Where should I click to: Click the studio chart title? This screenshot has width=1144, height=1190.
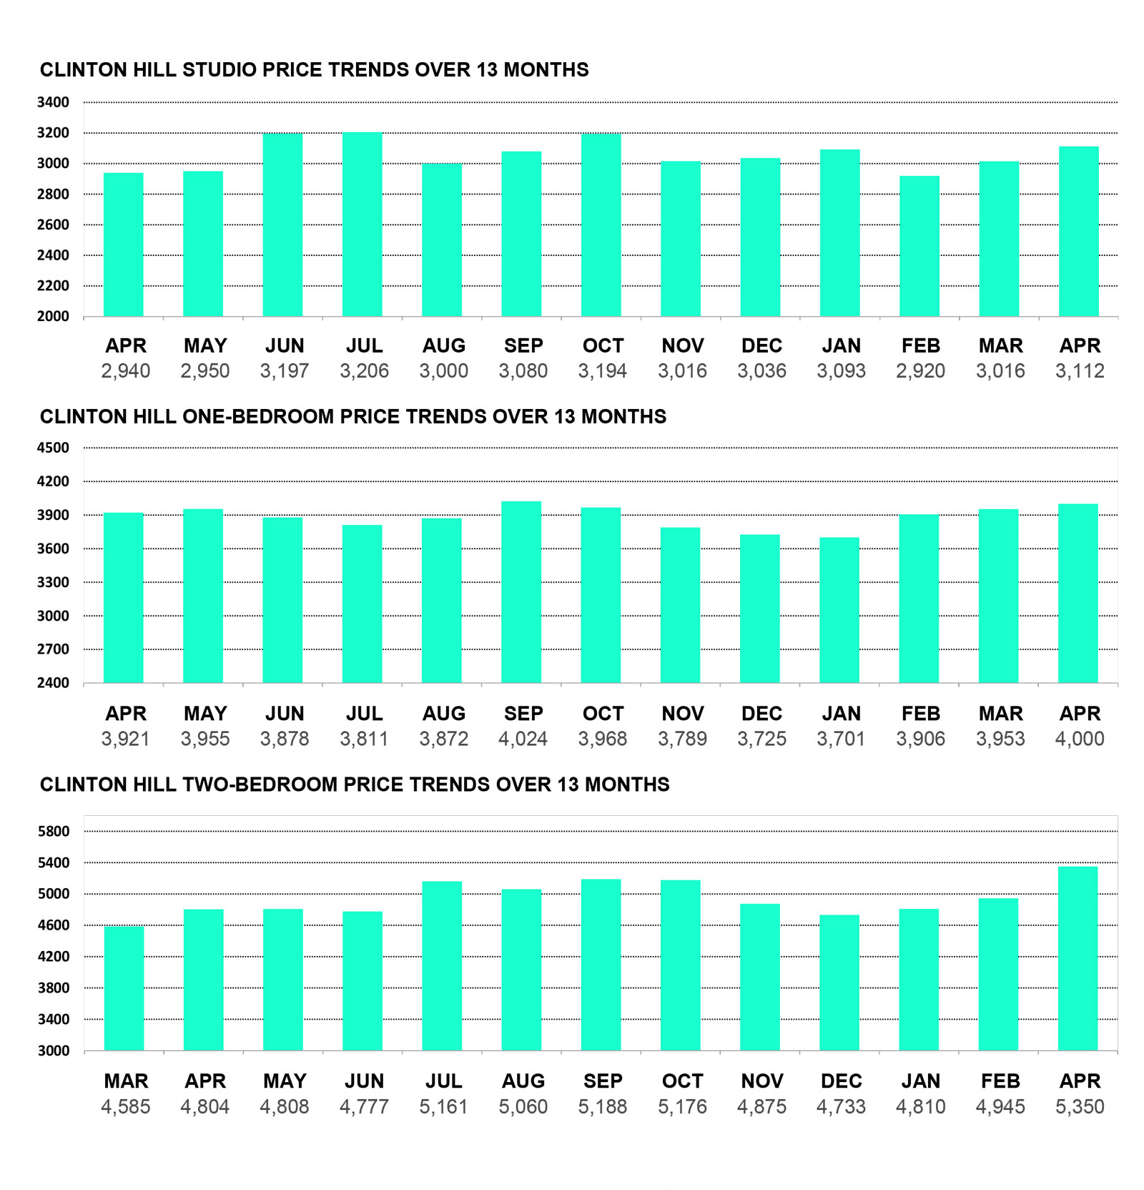(314, 70)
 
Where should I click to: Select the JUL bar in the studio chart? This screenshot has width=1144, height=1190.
(363, 225)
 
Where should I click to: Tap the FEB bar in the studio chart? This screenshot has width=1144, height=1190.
(919, 246)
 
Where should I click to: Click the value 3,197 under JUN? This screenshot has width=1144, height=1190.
(285, 371)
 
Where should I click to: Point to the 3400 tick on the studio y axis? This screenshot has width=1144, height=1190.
(54, 102)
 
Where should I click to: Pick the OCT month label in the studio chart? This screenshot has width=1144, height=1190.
(603, 346)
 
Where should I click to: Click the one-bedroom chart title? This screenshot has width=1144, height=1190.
(353, 417)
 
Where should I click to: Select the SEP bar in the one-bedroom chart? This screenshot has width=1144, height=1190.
(521, 592)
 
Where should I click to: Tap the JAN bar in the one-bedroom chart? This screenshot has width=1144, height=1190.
(839, 610)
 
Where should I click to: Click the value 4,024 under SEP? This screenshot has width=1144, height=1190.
(523, 739)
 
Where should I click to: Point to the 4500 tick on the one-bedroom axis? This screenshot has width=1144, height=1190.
(54, 448)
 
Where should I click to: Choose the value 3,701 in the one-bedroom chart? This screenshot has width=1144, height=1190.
(841, 739)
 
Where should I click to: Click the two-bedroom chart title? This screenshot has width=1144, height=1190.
(355, 785)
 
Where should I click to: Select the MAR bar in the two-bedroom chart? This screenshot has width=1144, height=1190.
(124, 988)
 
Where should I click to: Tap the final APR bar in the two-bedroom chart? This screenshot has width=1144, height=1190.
(1078, 958)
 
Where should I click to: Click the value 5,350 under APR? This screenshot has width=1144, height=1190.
(1080, 1107)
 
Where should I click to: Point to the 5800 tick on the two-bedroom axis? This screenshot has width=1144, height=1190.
(54, 832)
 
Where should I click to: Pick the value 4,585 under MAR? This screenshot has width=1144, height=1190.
(126, 1107)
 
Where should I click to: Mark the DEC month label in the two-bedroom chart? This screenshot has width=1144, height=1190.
(841, 1081)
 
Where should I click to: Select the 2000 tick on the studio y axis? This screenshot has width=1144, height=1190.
(54, 317)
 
